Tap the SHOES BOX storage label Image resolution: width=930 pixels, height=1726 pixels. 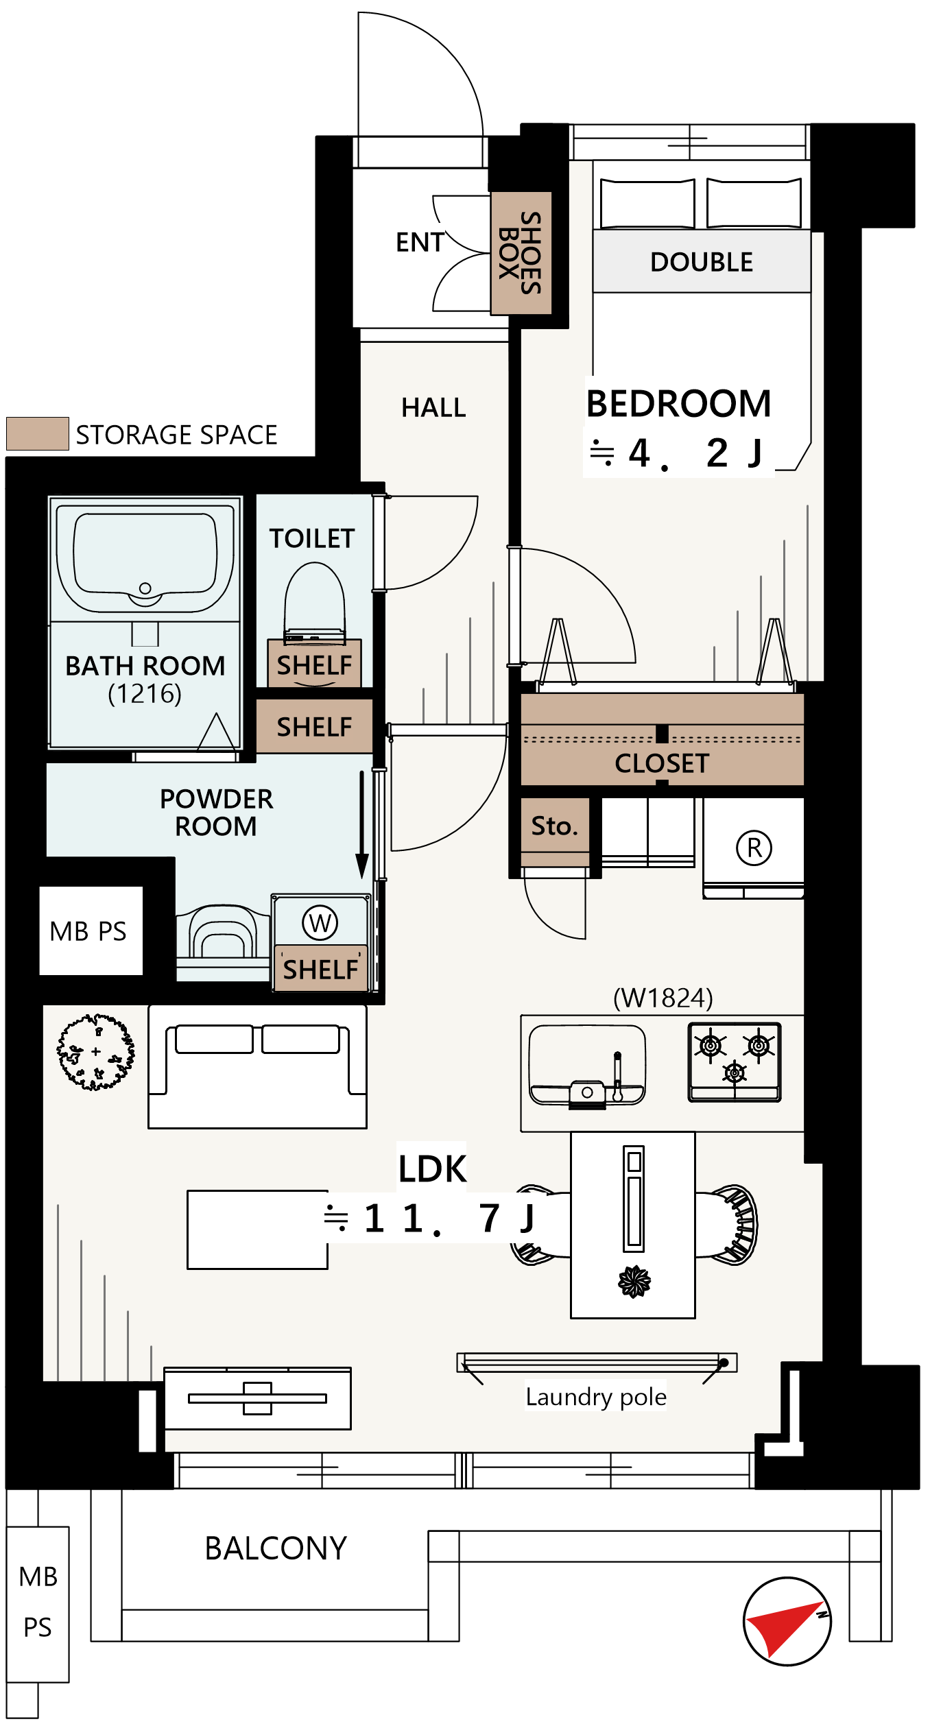(521, 252)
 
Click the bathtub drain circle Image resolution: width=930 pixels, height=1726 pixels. (145, 588)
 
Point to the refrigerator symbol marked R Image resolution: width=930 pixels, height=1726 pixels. (754, 848)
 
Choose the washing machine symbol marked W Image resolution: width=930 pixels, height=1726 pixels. (320, 923)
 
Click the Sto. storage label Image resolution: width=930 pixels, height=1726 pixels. (555, 826)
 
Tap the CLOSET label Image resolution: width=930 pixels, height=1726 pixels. (662, 763)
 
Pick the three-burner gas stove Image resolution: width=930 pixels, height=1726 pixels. (735, 1062)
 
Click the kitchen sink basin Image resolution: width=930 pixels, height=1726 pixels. (587, 1065)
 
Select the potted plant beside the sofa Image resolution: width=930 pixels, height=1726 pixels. (95, 1052)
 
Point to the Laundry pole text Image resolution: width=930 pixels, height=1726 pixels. (596, 1396)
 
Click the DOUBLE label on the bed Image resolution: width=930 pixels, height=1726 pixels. (702, 262)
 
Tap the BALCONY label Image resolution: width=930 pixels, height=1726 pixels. (276, 1548)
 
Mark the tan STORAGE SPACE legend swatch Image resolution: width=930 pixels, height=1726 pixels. (38, 433)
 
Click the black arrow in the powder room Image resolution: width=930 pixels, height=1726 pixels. (362, 825)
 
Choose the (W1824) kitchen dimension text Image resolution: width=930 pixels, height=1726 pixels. (663, 998)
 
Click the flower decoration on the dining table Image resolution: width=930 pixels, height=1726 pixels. (634, 1282)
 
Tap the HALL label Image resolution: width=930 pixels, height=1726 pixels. (433, 407)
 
